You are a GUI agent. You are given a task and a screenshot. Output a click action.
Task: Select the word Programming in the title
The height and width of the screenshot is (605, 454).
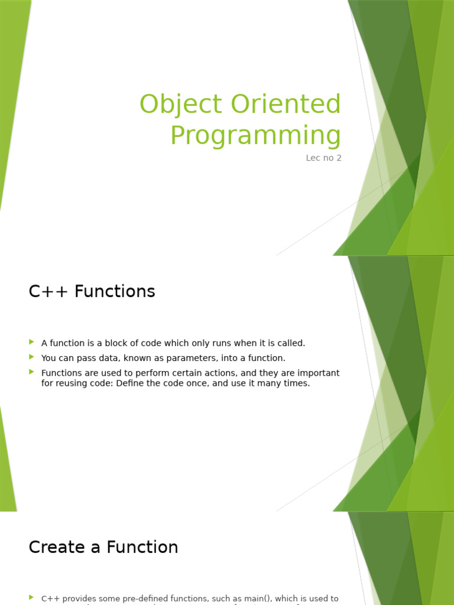coord(255,135)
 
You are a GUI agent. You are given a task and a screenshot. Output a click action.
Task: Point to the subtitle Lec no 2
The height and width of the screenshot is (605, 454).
coord(323,158)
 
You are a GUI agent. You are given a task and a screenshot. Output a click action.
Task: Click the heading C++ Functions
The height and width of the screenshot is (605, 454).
coord(92,291)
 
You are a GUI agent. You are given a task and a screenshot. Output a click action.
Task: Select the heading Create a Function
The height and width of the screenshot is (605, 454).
coord(103,547)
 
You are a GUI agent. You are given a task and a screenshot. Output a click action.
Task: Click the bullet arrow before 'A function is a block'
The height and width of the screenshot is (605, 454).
coord(31,342)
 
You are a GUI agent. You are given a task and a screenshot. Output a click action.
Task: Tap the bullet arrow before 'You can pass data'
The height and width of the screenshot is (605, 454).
coord(31,357)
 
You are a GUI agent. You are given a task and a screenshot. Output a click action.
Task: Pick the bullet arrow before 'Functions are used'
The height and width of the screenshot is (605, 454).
coord(31,372)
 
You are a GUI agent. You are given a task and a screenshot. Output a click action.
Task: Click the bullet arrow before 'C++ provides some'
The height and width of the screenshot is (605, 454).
coord(31,598)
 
